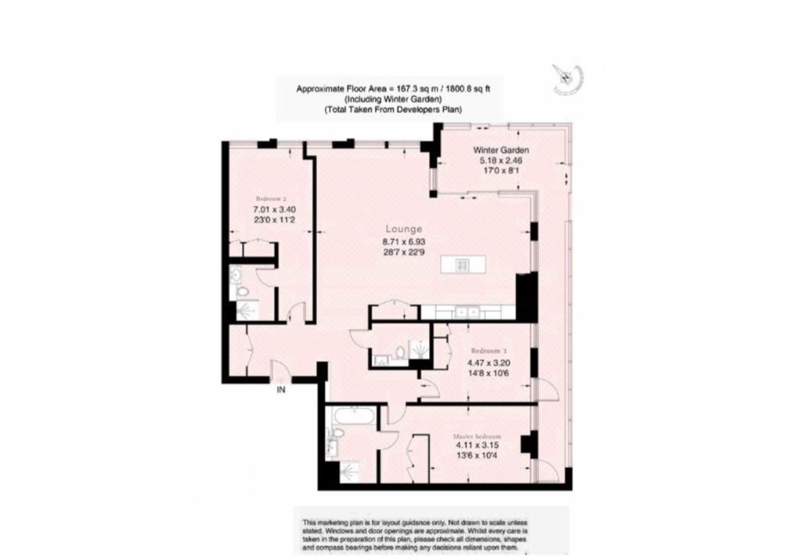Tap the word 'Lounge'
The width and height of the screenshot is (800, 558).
click(x=404, y=230)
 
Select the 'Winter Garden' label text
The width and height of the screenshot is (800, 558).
click(x=501, y=149)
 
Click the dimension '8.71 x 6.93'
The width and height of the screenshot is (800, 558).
click(x=404, y=242)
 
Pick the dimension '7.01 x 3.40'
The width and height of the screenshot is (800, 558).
click(x=273, y=209)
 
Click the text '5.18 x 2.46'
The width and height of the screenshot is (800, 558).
click(x=501, y=160)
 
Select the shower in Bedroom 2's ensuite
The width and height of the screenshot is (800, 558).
click(x=246, y=311)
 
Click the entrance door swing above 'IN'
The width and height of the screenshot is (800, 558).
click(x=278, y=370)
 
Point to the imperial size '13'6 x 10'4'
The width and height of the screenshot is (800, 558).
click(x=477, y=458)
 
